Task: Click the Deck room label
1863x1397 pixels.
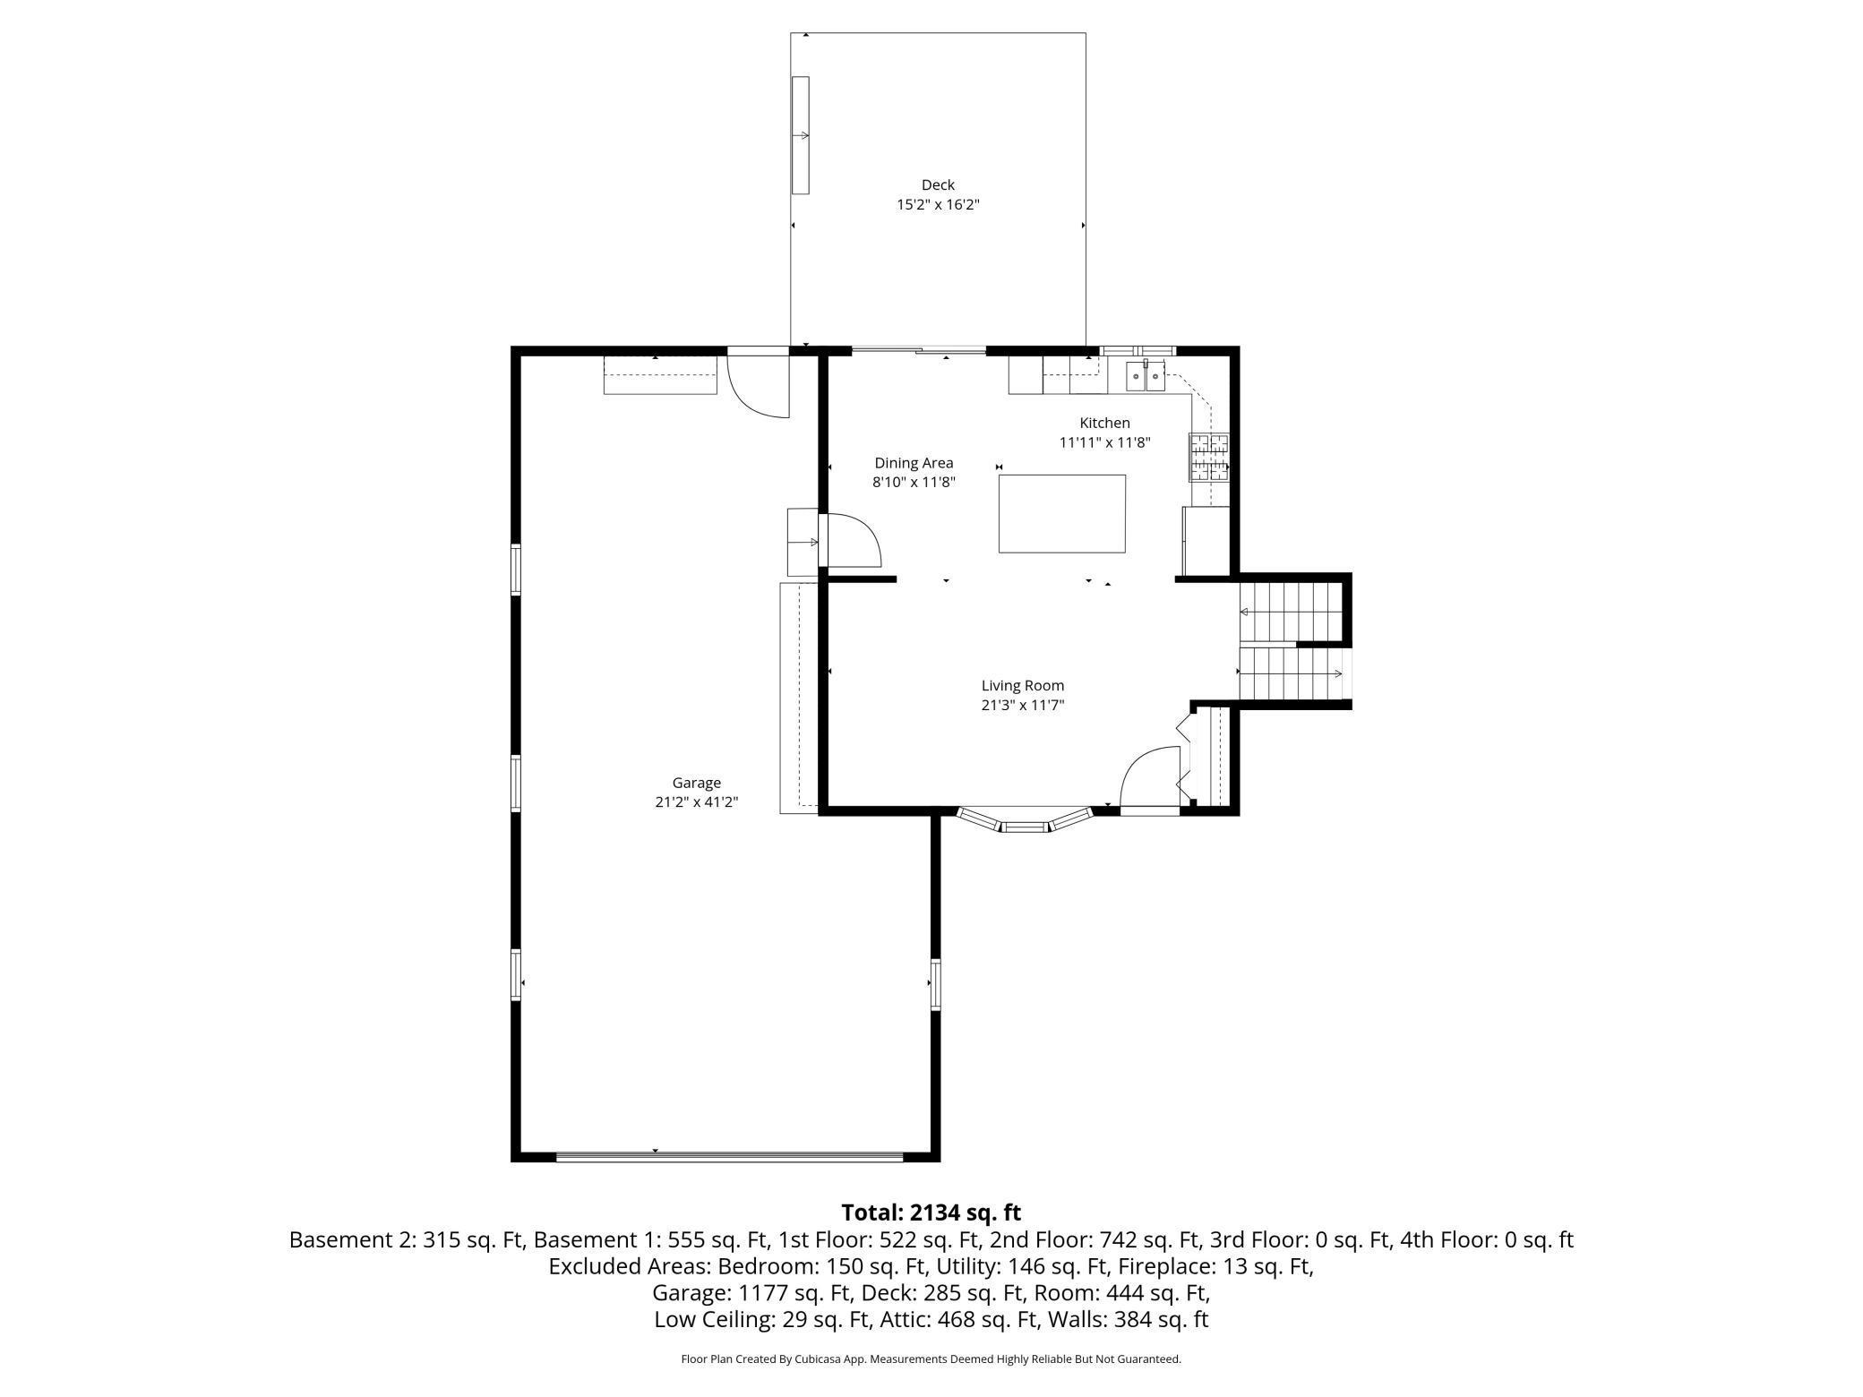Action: (938, 185)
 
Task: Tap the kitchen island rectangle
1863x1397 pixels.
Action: (1061, 514)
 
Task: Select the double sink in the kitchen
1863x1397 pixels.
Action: (1146, 377)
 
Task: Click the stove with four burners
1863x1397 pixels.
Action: (1209, 458)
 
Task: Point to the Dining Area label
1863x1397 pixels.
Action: (914, 463)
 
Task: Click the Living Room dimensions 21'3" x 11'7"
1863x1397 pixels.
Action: (1022, 705)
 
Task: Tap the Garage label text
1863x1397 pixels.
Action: (696, 783)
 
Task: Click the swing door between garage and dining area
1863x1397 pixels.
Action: (851, 540)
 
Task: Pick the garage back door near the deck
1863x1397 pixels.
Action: (758, 383)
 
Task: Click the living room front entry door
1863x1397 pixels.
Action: (1150, 779)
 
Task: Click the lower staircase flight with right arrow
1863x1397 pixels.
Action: (1292, 673)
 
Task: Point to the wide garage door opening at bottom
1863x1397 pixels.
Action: (729, 1157)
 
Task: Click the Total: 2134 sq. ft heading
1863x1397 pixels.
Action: (931, 1213)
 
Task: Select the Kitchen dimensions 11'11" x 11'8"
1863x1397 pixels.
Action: (1104, 442)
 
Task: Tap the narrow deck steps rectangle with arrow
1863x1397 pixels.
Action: (800, 135)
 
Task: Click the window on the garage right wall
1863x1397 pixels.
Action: (935, 984)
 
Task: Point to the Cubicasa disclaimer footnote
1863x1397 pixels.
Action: (931, 1359)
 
